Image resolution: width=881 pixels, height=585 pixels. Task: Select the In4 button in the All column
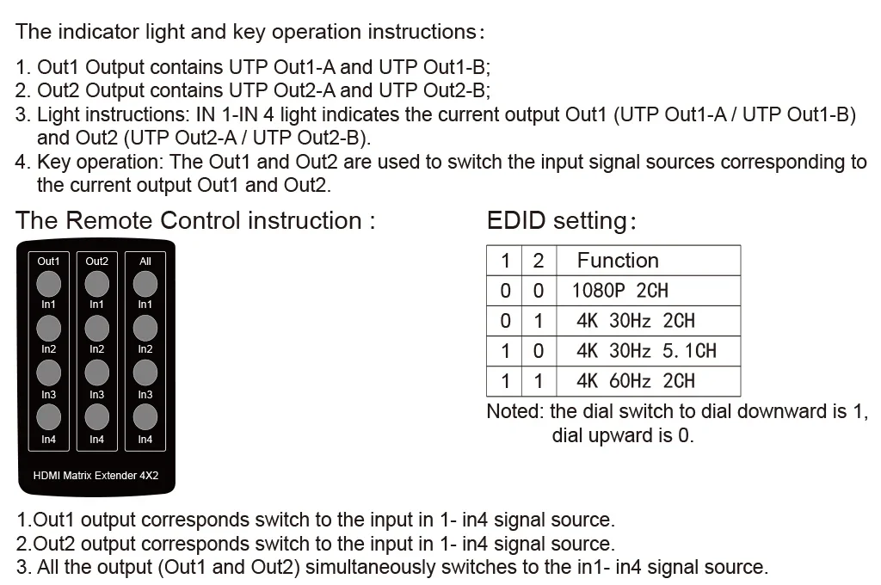145,416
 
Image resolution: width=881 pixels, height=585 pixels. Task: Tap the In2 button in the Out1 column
49,327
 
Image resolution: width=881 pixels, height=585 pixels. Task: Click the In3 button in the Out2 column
97,372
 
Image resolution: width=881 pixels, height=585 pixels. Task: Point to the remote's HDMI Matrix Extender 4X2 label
95,474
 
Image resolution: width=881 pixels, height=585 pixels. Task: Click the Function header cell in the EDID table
618,261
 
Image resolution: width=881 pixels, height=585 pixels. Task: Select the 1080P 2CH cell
620,291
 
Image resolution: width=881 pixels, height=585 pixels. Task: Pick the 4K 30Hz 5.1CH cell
646,351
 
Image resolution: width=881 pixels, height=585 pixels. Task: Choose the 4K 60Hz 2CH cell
635,381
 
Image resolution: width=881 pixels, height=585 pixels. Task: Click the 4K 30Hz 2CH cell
635,321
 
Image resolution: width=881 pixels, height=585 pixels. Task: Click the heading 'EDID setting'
561,221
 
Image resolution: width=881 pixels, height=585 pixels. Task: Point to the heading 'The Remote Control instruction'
195,220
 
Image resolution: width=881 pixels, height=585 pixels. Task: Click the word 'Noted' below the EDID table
514,411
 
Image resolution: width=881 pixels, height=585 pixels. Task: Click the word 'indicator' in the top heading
98,32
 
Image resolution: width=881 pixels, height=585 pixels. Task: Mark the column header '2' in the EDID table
539,261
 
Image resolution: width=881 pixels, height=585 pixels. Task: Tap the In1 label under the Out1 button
49,304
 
